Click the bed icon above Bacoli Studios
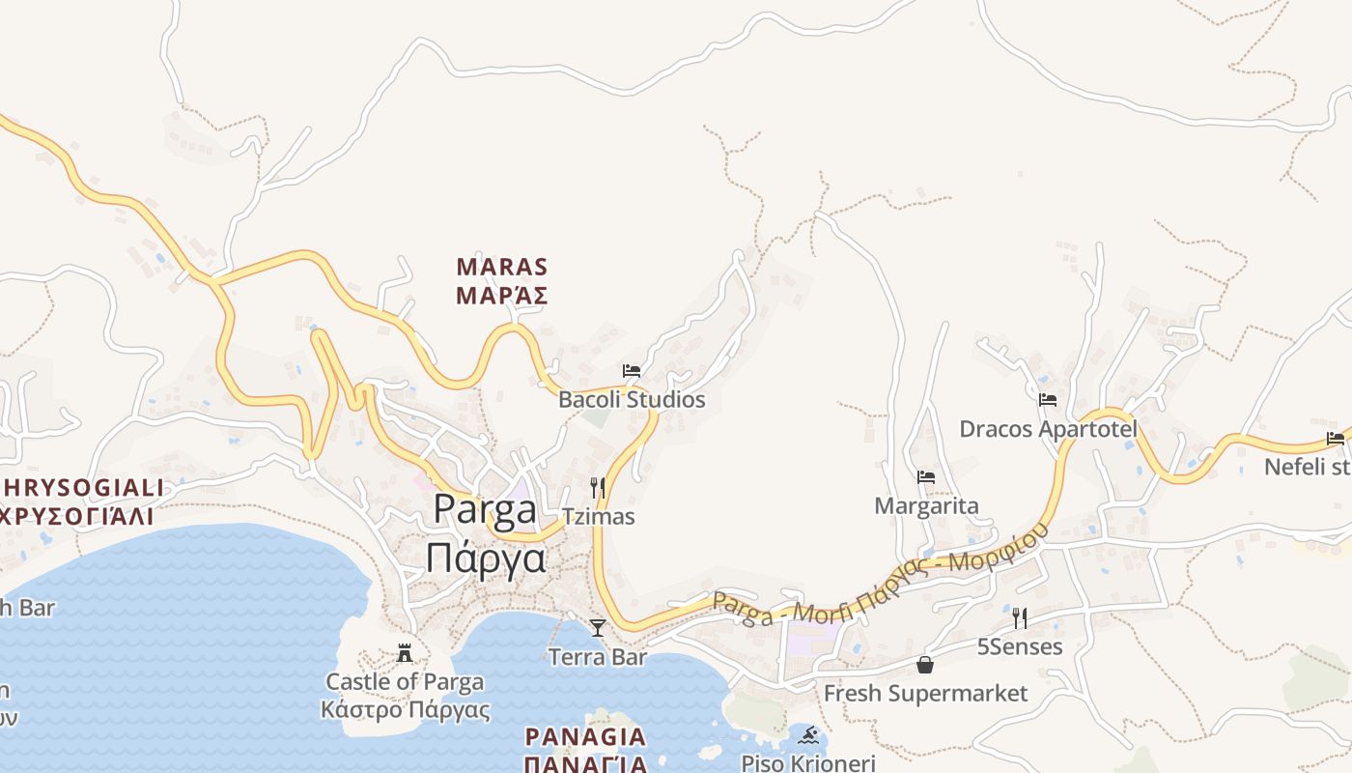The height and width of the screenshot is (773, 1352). (632, 371)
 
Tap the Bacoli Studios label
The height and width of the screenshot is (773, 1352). (632, 399)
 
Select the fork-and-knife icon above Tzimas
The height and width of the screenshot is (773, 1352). (598, 488)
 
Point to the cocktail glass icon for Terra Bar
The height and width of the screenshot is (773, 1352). (598, 628)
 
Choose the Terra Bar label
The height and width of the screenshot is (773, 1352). (597, 657)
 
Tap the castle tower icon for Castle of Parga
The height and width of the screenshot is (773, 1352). (405, 653)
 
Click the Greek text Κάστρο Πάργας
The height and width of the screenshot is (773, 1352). (406, 710)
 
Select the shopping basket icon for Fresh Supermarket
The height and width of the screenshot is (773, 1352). (925, 665)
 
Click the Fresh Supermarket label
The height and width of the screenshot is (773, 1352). (925, 693)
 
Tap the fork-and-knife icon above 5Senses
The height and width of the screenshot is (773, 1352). (1019, 618)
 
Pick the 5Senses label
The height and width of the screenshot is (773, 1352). (1019, 646)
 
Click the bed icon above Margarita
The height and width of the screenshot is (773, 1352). (926, 477)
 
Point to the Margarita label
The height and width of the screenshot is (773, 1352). (926, 505)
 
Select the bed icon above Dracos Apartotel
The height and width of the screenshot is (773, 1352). (1048, 400)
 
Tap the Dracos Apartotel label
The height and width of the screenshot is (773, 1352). (1048, 428)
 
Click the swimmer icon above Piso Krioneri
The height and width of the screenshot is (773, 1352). (808, 735)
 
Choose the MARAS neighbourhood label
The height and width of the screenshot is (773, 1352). (502, 266)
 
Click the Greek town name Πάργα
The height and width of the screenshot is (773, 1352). (486, 558)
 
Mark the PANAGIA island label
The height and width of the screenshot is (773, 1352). (585, 737)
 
